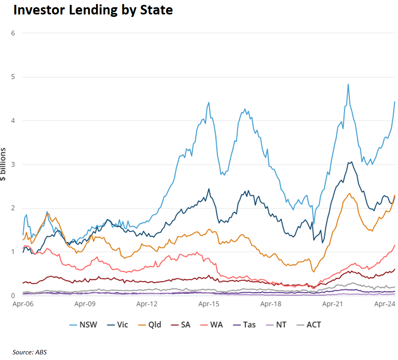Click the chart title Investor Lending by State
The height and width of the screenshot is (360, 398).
coord(93,10)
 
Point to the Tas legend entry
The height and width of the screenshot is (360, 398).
coord(249,324)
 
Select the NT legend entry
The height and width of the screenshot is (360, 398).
coord(281,324)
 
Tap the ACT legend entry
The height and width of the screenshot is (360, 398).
coord(314,324)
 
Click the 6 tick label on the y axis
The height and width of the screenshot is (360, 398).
coord(13,33)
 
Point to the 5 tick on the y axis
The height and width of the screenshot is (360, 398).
coord(13,77)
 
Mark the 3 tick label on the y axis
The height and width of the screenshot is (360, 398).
coord(13,164)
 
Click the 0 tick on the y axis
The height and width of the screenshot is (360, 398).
coord(13,296)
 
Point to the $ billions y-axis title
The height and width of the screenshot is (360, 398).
coord(4,165)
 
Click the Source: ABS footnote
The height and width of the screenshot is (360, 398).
coord(30,352)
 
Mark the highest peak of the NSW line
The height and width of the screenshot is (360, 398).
coord(348,84)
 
